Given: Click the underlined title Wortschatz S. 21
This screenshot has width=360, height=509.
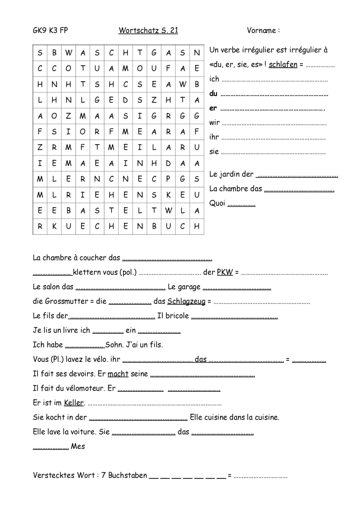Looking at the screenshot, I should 148,31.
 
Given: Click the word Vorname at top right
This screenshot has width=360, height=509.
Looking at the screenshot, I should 261,31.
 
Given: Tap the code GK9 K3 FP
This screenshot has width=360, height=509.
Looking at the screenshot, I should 50,31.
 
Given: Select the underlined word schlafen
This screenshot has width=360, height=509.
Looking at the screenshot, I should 283,65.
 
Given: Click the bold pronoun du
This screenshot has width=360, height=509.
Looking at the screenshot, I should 213,94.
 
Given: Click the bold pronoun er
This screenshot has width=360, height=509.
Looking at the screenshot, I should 213,108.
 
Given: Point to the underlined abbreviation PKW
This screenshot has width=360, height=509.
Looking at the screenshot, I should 225,272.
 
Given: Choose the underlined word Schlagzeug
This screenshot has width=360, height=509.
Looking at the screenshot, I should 186,301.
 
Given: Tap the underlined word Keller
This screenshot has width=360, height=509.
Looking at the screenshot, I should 74,403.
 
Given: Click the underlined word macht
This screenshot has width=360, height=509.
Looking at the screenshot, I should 118,374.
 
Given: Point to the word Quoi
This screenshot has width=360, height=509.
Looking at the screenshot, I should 217,203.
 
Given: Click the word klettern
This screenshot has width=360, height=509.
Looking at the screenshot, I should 87,272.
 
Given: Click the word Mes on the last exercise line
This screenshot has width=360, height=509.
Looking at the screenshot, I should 78,446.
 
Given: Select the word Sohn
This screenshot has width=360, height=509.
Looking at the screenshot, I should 114,345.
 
